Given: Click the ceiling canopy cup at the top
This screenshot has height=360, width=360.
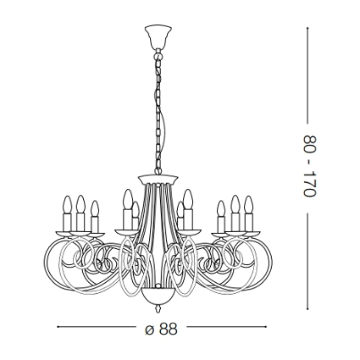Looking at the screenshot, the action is pyautogui.click(x=158, y=36).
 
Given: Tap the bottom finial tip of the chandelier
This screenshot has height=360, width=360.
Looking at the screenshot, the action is pyautogui.click(x=158, y=312).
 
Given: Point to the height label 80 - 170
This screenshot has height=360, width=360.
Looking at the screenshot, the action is pyautogui.click(x=310, y=166).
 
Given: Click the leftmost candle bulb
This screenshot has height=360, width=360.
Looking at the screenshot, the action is pyautogui.click(x=67, y=204).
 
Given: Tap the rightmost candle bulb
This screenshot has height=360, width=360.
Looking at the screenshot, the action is pyautogui.click(x=249, y=204).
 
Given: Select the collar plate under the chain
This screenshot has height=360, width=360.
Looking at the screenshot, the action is pyautogui.click(x=158, y=179).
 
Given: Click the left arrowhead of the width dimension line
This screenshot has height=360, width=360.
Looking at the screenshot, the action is pyautogui.click(x=58, y=327).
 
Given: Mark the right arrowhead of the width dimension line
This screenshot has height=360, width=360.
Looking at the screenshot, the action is pyautogui.click(x=265, y=327).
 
